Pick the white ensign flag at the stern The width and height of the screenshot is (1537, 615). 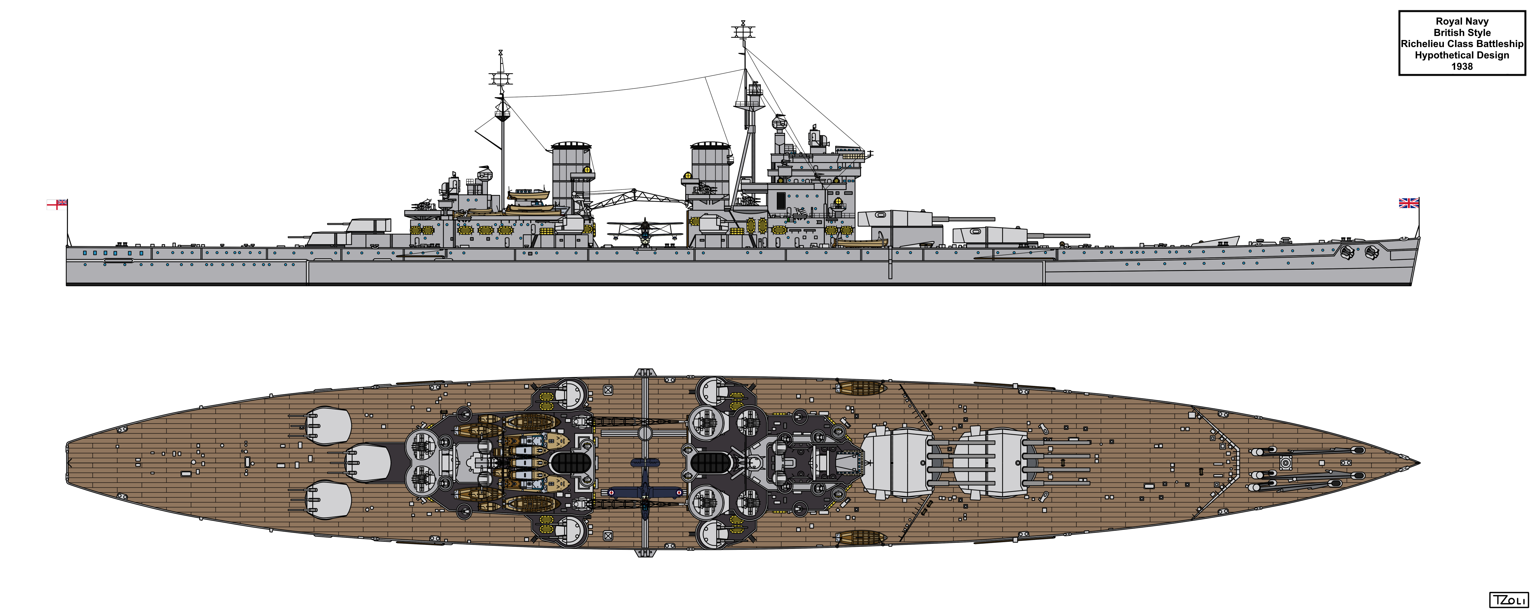pos(57,204)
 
